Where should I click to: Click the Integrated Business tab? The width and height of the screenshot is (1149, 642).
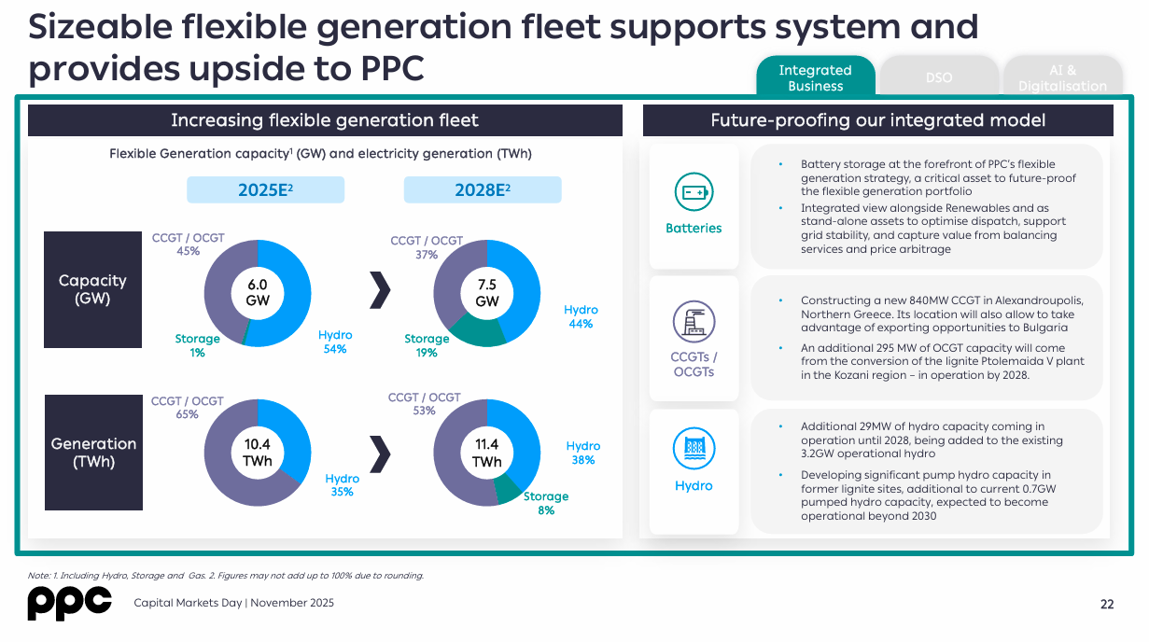click(x=815, y=77)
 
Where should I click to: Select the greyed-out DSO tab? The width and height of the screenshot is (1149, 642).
click(x=939, y=77)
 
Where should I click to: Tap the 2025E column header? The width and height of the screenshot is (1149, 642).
click(x=266, y=190)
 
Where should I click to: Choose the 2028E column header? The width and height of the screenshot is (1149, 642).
click(x=483, y=190)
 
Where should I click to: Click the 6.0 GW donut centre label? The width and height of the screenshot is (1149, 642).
click(x=258, y=292)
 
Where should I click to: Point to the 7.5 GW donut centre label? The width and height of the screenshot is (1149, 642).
click(x=487, y=292)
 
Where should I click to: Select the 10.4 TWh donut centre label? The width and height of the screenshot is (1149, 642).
click(x=258, y=453)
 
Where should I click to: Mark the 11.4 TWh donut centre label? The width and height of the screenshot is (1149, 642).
click(x=487, y=453)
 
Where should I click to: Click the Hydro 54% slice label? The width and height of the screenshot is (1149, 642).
click(x=335, y=342)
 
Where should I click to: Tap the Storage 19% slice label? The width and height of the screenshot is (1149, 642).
click(x=427, y=345)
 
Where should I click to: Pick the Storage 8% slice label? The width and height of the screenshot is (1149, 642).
click(x=546, y=503)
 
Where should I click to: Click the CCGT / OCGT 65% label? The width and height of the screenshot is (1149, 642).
click(x=188, y=408)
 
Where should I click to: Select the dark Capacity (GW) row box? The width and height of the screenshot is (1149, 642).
click(x=93, y=288)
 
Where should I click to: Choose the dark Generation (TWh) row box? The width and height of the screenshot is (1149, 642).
click(x=93, y=453)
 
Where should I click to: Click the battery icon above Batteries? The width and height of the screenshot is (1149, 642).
click(x=694, y=192)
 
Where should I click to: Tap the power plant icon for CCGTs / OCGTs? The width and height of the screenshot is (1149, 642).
click(x=694, y=322)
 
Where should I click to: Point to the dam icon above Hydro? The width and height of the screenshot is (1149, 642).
click(x=694, y=450)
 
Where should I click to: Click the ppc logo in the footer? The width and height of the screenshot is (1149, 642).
click(x=69, y=604)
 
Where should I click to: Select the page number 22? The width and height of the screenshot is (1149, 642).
click(x=1107, y=604)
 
